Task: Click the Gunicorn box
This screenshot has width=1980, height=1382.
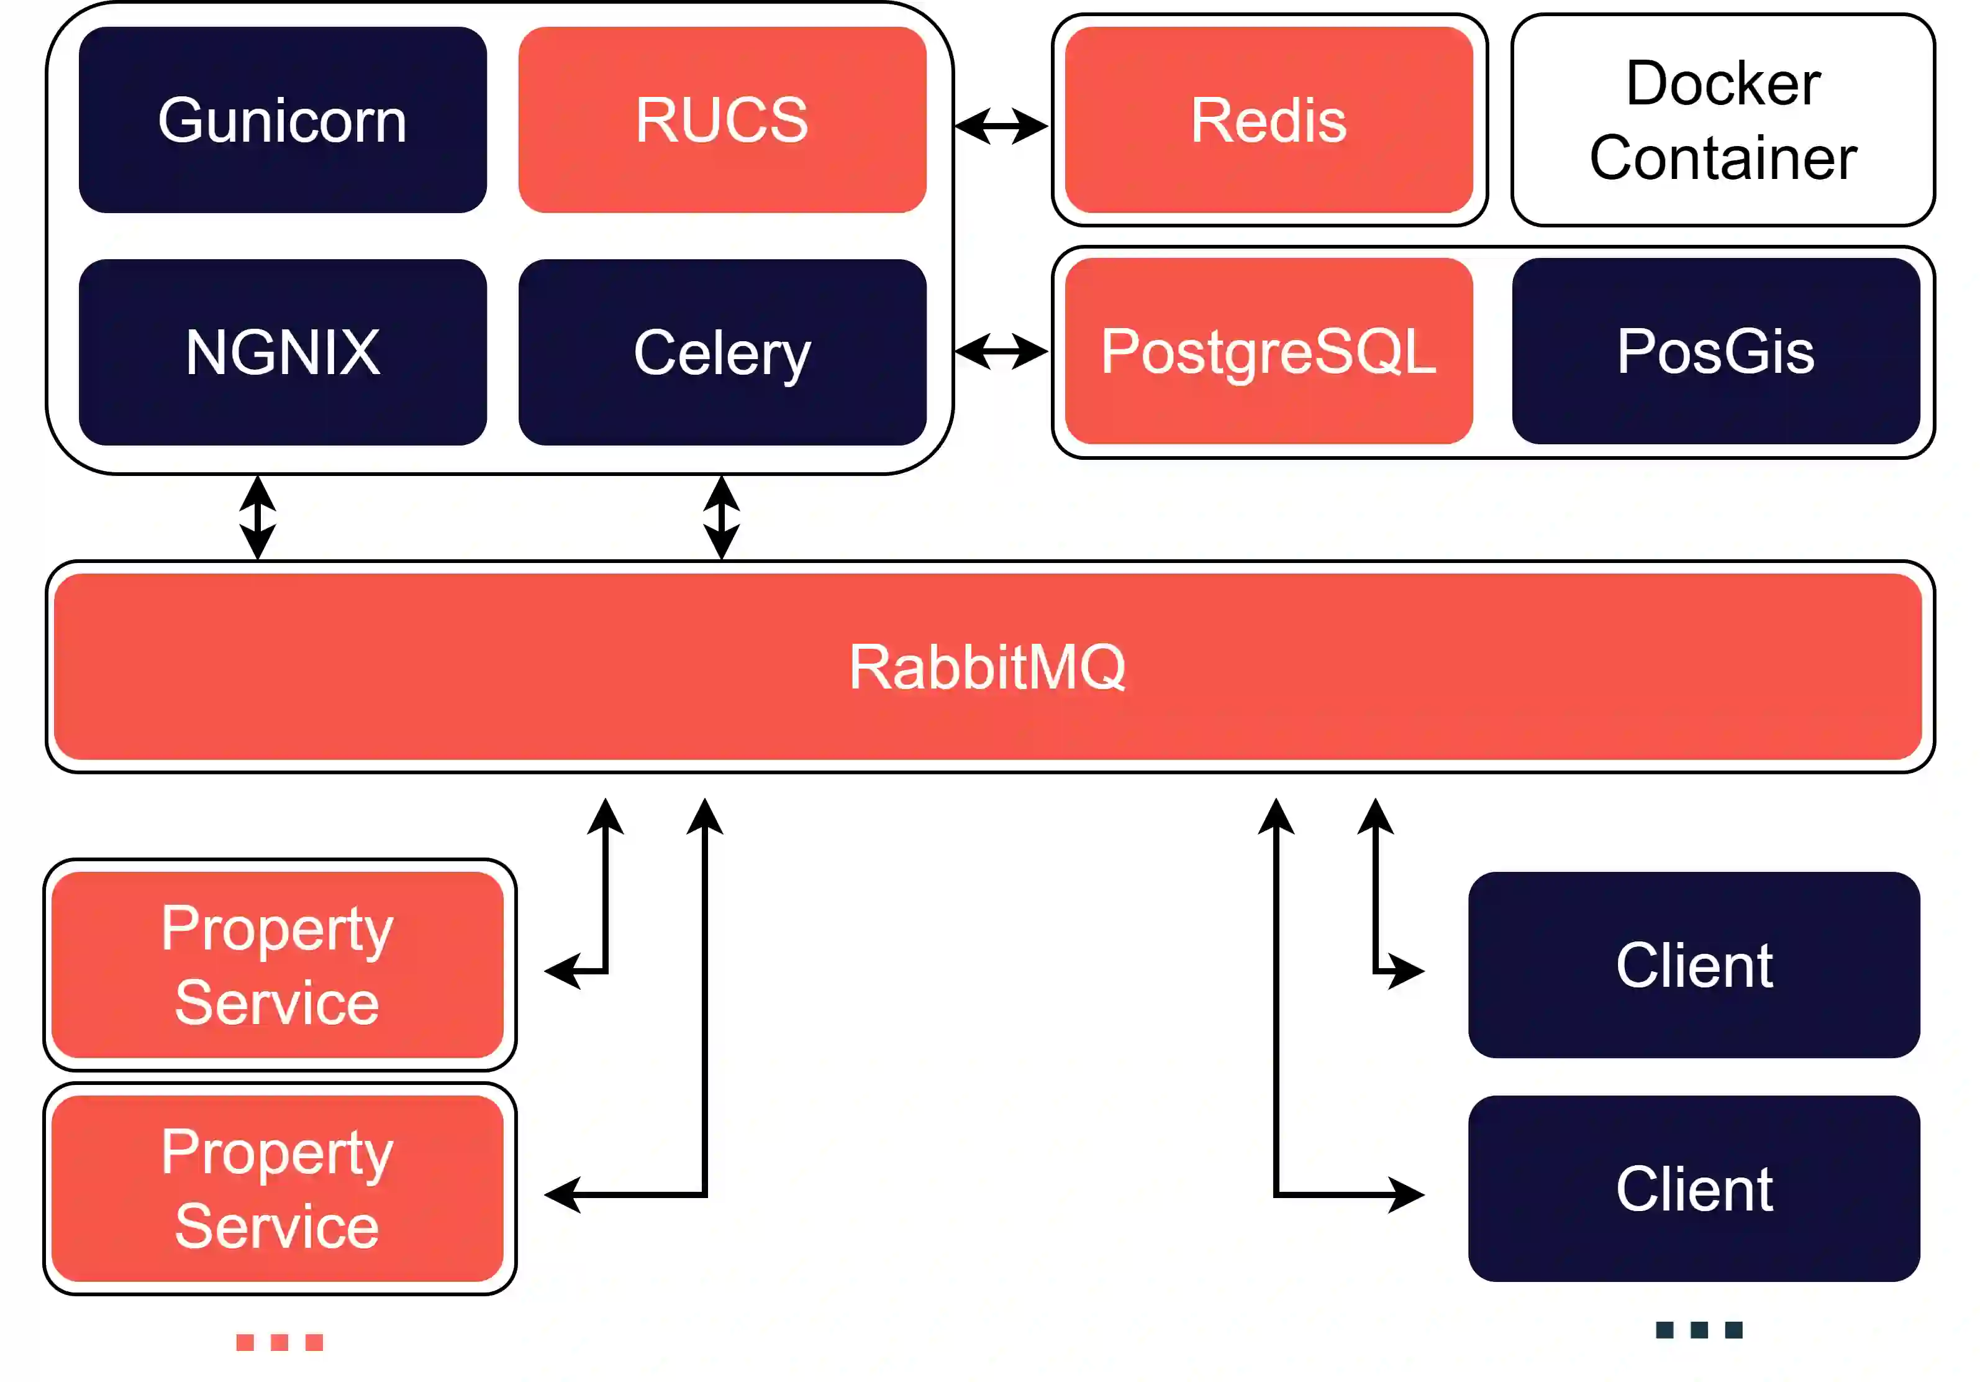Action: pyautogui.click(x=282, y=120)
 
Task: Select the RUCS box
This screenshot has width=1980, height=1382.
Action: pyautogui.click(x=722, y=120)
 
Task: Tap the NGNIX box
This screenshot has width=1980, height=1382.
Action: pyautogui.click(x=282, y=352)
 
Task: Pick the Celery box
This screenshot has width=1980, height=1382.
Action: pyautogui.click(x=722, y=352)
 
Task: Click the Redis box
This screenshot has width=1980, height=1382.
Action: pyautogui.click(x=1268, y=120)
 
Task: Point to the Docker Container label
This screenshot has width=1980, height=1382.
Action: pyautogui.click(x=1722, y=120)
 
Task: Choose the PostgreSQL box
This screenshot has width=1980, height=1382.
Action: pyautogui.click(x=1268, y=351)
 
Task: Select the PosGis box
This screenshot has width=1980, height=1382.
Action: pyautogui.click(x=1715, y=351)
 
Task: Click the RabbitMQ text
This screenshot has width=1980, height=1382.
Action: pyautogui.click(x=988, y=667)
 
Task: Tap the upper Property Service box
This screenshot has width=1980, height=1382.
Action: pyautogui.click(x=277, y=964)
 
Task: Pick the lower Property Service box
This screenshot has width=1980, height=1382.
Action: pyautogui.click(x=277, y=1188)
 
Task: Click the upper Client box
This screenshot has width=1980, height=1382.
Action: pyautogui.click(x=1694, y=964)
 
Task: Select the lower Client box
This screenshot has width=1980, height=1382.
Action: pyautogui.click(x=1694, y=1188)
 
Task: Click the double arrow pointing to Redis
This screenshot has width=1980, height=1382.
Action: pyautogui.click(x=1001, y=126)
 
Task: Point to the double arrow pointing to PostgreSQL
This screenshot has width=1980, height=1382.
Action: pyautogui.click(x=1001, y=351)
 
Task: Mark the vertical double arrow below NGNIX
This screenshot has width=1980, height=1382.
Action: pyautogui.click(x=257, y=518)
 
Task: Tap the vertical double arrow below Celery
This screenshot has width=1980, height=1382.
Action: pyautogui.click(x=721, y=518)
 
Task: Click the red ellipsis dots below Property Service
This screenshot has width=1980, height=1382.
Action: pyautogui.click(x=279, y=1342)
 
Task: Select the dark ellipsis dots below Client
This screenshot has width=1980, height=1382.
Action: pyautogui.click(x=1699, y=1330)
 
